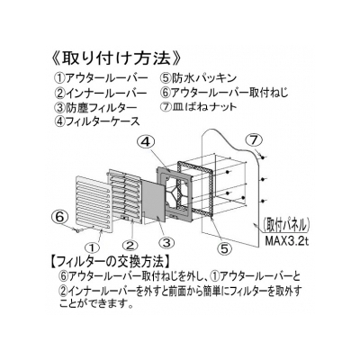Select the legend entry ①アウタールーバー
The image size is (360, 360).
pyautogui.click(x=101, y=78)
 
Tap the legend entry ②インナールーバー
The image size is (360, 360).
pyautogui.click(x=101, y=93)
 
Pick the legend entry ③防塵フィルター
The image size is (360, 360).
pyautogui.click(x=96, y=107)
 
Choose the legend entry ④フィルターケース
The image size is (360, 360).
pyautogui.click(x=97, y=121)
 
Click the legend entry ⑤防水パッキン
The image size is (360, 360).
pyautogui.click(x=198, y=78)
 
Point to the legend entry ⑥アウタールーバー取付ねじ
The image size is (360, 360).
pyautogui.click(x=224, y=93)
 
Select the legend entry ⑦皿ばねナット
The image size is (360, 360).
pyautogui.click(x=199, y=107)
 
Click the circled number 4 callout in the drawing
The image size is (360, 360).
pyautogui.click(x=146, y=143)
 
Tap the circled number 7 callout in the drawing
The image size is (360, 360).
pyautogui.click(x=254, y=139)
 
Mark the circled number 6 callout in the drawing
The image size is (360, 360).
pyautogui.click(x=59, y=217)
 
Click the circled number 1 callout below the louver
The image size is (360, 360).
pyautogui.click(x=93, y=247)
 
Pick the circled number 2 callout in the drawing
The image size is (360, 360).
pyautogui.click(x=130, y=246)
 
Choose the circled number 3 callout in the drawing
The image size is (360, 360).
pyautogui.click(x=166, y=242)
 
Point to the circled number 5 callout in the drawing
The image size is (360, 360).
pyautogui.click(x=225, y=247)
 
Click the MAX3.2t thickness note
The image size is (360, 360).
pyautogui.click(x=286, y=242)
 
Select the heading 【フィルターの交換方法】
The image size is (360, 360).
pyautogui.click(x=108, y=262)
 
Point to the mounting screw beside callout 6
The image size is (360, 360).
pyautogui.click(x=77, y=230)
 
